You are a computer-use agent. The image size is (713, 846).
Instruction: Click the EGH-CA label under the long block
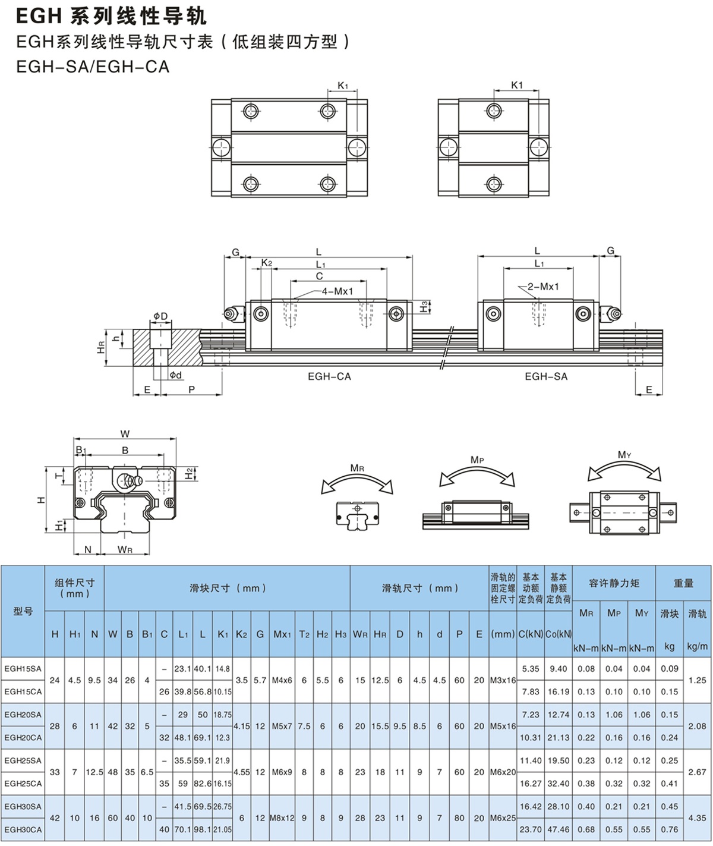click(x=329, y=376)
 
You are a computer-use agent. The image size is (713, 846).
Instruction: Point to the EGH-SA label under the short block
click(x=546, y=376)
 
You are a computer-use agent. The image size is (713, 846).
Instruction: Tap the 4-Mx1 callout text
click(x=337, y=291)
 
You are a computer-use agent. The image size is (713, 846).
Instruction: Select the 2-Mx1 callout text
click(x=543, y=287)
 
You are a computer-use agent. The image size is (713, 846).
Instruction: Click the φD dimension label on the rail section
click(x=160, y=316)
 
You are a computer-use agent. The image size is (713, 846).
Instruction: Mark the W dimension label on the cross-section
click(x=125, y=434)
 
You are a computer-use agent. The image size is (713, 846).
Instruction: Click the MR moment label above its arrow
click(x=357, y=468)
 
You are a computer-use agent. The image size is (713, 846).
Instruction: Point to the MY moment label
click(x=624, y=455)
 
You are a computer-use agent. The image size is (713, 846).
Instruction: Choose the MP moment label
click(x=477, y=460)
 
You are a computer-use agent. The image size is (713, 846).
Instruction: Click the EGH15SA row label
click(x=23, y=669)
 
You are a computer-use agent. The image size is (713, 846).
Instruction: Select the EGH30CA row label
click(x=23, y=830)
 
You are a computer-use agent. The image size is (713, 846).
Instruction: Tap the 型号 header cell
click(x=23, y=611)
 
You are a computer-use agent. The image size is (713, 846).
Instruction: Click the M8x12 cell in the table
click(x=282, y=818)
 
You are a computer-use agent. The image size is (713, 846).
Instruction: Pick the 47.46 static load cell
click(x=559, y=830)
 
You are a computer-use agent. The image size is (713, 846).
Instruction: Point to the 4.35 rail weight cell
click(x=697, y=818)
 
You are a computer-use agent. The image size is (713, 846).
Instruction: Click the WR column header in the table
click(x=360, y=634)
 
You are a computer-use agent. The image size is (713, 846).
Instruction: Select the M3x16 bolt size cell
click(x=503, y=680)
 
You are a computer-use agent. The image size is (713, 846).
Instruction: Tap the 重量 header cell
click(x=683, y=583)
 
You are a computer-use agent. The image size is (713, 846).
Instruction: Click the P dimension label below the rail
click(x=191, y=389)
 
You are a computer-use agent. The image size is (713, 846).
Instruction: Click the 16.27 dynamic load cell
click(x=531, y=784)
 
